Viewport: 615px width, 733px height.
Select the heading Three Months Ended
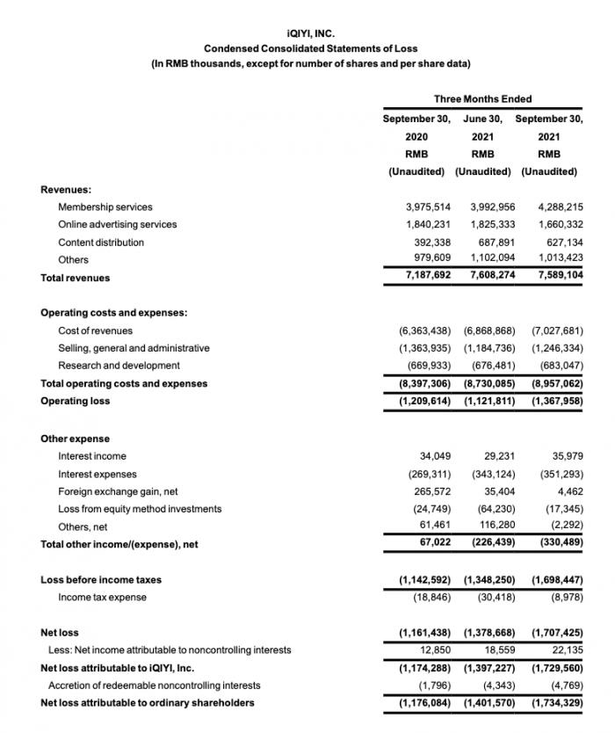[x=482, y=99]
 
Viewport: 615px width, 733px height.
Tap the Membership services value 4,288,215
[x=557, y=207]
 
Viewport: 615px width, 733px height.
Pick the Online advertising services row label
[x=117, y=224]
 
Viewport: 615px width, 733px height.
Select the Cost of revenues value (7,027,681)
[x=557, y=330]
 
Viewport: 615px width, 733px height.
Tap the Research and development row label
[x=119, y=365]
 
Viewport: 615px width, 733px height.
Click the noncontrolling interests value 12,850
[x=434, y=650]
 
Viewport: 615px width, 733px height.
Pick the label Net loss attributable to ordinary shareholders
[x=148, y=702]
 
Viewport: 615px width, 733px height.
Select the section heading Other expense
[x=75, y=439]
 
